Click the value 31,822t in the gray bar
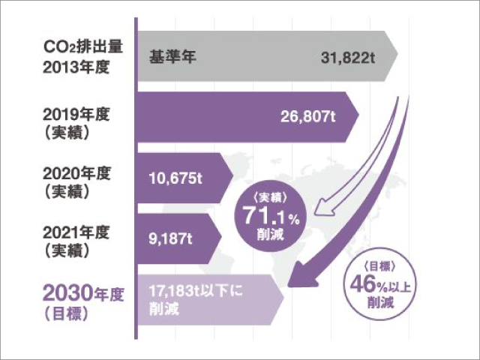(x=348, y=58)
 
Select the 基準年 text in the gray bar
(x=172, y=57)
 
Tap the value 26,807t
(x=308, y=116)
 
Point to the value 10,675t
(x=175, y=178)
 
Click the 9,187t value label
(x=170, y=238)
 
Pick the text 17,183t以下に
(x=196, y=291)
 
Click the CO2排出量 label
(x=83, y=47)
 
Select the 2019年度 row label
(x=76, y=115)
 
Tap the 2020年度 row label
(x=76, y=174)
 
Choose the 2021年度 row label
(x=76, y=233)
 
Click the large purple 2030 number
(x=68, y=293)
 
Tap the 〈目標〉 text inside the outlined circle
(x=380, y=267)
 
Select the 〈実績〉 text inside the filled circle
(x=271, y=198)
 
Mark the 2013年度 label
(x=76, y=67)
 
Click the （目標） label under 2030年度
(x=67, y=314)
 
